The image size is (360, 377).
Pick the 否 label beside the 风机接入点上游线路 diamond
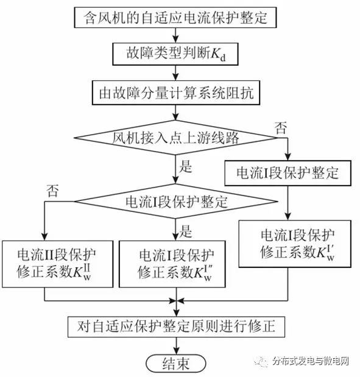click(281, 128)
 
